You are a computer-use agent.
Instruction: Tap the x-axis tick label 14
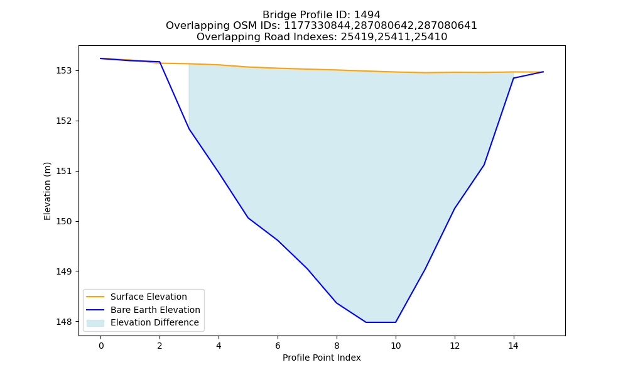[514, 346]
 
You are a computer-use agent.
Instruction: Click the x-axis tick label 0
[101, 346]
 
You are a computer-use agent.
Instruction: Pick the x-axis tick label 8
[337, 346]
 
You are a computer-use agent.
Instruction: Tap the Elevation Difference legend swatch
[95, 322]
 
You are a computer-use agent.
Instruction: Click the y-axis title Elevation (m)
[47, 191]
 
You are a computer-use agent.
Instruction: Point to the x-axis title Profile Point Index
[322, 358]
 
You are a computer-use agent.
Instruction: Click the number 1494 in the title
[367, 15]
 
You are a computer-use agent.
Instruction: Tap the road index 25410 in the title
[434, 37]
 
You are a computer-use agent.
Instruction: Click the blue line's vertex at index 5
[248, 217]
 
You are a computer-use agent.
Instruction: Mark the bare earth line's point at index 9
[366, 322]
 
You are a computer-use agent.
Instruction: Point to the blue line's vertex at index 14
[514, 78]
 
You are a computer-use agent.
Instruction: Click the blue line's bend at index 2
[160, 62]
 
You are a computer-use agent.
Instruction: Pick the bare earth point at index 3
[189, 129]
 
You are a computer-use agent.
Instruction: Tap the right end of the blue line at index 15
[543, 72]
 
